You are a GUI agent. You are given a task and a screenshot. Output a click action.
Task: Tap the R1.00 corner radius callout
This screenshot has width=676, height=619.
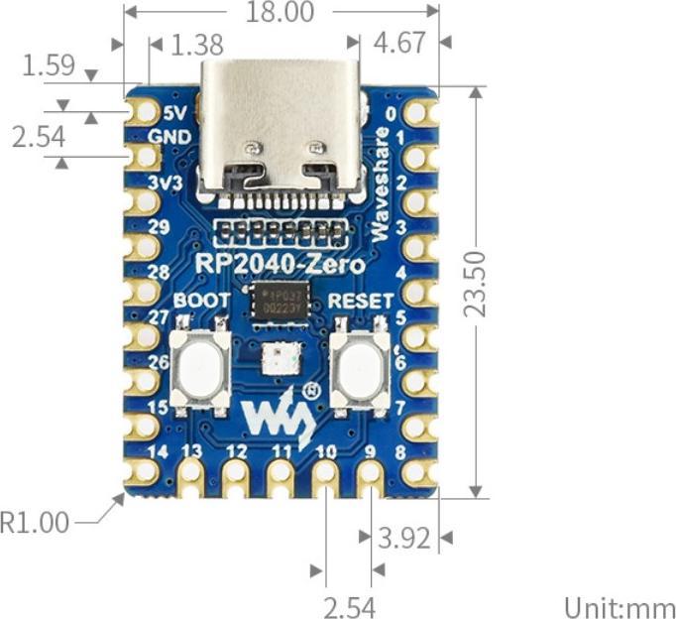click(36, 522)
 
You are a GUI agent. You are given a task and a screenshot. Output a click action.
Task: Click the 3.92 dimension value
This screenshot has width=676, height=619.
click(404, 538)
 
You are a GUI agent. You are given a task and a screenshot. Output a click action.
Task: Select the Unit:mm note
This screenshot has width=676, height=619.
click(620, 606)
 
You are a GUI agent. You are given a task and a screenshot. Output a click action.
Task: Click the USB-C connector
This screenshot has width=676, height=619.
click(281, 129)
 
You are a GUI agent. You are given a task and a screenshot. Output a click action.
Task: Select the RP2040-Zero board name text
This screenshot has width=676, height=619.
click(280, 265)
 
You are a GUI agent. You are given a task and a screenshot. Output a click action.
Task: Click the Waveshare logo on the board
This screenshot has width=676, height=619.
click(281, 416)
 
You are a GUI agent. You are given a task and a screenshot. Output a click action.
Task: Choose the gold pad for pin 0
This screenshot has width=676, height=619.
click(420, 111)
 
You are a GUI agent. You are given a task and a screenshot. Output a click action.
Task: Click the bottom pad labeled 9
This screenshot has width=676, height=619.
click(370, 477)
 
